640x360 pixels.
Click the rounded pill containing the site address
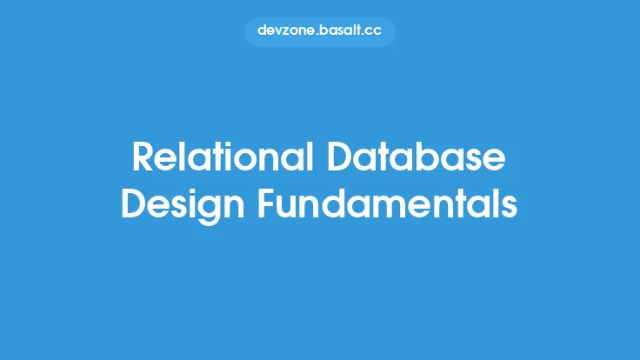320,31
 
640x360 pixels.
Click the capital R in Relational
144,158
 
